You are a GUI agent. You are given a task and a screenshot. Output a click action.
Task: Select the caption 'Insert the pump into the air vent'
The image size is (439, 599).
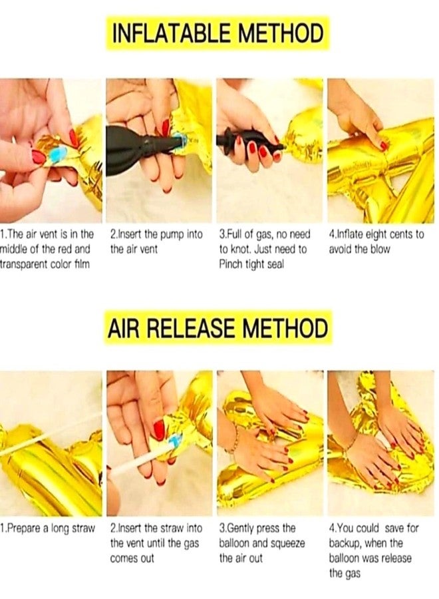pyautogui.click(x=156, y=242)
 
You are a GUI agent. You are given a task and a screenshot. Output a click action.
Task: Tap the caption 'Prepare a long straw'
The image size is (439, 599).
pyautogui.click(x=47, y=528)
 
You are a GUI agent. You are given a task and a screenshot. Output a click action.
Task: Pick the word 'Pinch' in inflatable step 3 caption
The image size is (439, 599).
pyautogui.click(x=229, y=264)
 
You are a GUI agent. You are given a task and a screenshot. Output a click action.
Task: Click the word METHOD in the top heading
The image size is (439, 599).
pyautogui.click(x=281, y=33)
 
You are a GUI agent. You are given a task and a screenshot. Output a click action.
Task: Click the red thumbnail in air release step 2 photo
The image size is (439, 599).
pyautogui.click(x=159, y=429)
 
